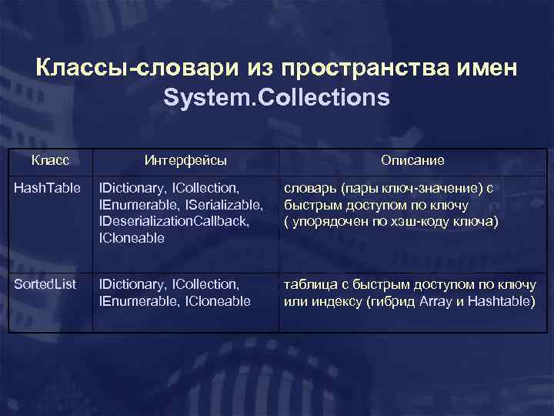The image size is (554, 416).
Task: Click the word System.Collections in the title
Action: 277,99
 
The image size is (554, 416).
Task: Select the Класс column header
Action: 51,160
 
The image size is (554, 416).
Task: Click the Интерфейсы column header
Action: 185,160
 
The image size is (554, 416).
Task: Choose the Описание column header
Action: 412,160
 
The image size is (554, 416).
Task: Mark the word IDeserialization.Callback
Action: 174,221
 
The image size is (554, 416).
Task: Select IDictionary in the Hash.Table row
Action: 131,187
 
